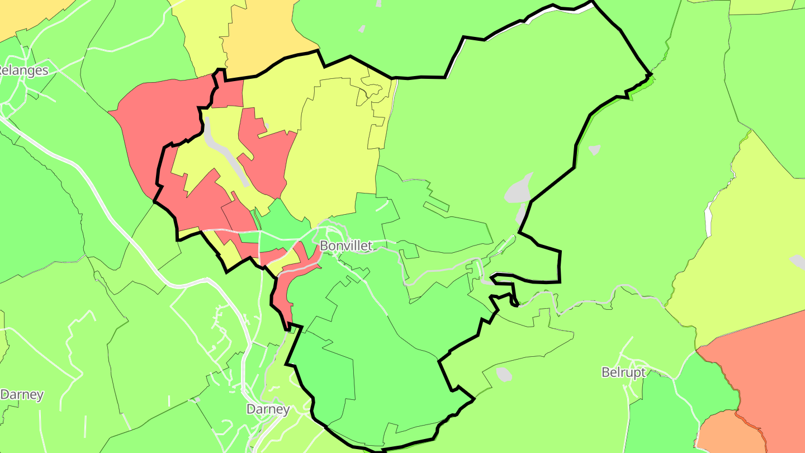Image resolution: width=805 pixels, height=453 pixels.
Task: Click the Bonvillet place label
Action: [345, 246]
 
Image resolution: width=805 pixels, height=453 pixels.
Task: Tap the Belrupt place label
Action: [623, 372]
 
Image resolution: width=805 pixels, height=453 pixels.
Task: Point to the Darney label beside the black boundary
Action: [268, 409]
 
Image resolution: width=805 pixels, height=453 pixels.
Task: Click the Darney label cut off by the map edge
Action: [21, 394]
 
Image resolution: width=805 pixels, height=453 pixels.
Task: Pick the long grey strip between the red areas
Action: [226, 152]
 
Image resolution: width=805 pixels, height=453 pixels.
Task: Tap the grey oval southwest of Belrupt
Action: [504, 374]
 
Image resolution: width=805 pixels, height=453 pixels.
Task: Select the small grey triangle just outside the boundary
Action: [594, 149]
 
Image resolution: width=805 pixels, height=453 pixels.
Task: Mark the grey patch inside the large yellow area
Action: [798, 261]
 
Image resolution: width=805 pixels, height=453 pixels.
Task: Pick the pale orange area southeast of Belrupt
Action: [724, 433]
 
